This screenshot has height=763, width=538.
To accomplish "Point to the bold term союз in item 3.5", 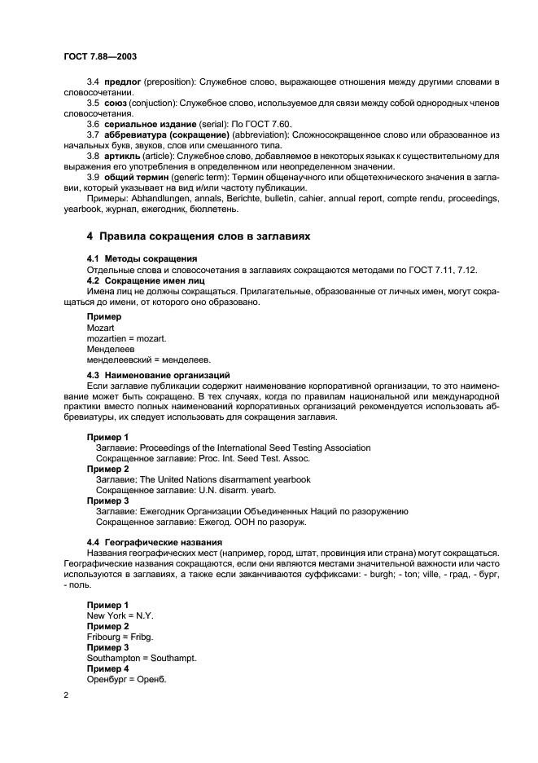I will click(x=116, y=104).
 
